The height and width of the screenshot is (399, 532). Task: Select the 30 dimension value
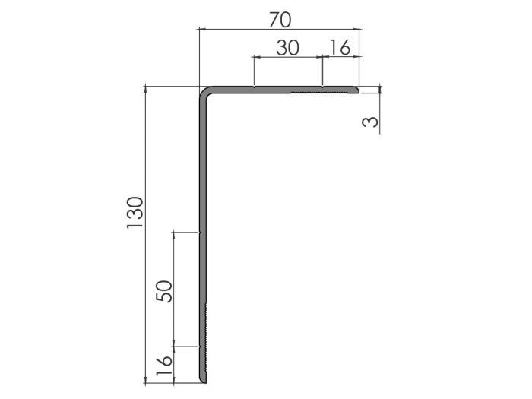287,48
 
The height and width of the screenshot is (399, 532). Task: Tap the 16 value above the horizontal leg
340,48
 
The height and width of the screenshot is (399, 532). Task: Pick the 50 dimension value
165,290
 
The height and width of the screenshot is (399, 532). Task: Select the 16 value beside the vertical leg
165,364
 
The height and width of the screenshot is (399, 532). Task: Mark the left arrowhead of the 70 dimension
201,29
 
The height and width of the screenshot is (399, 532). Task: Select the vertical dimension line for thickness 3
378,106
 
